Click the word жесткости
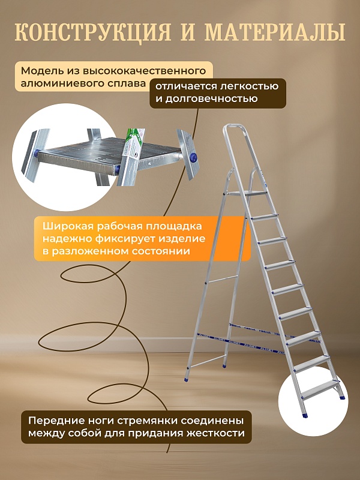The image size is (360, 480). coord(215,433)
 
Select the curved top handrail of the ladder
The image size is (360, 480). coord(234,127)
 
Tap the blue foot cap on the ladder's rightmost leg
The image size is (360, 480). coord(341,395)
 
